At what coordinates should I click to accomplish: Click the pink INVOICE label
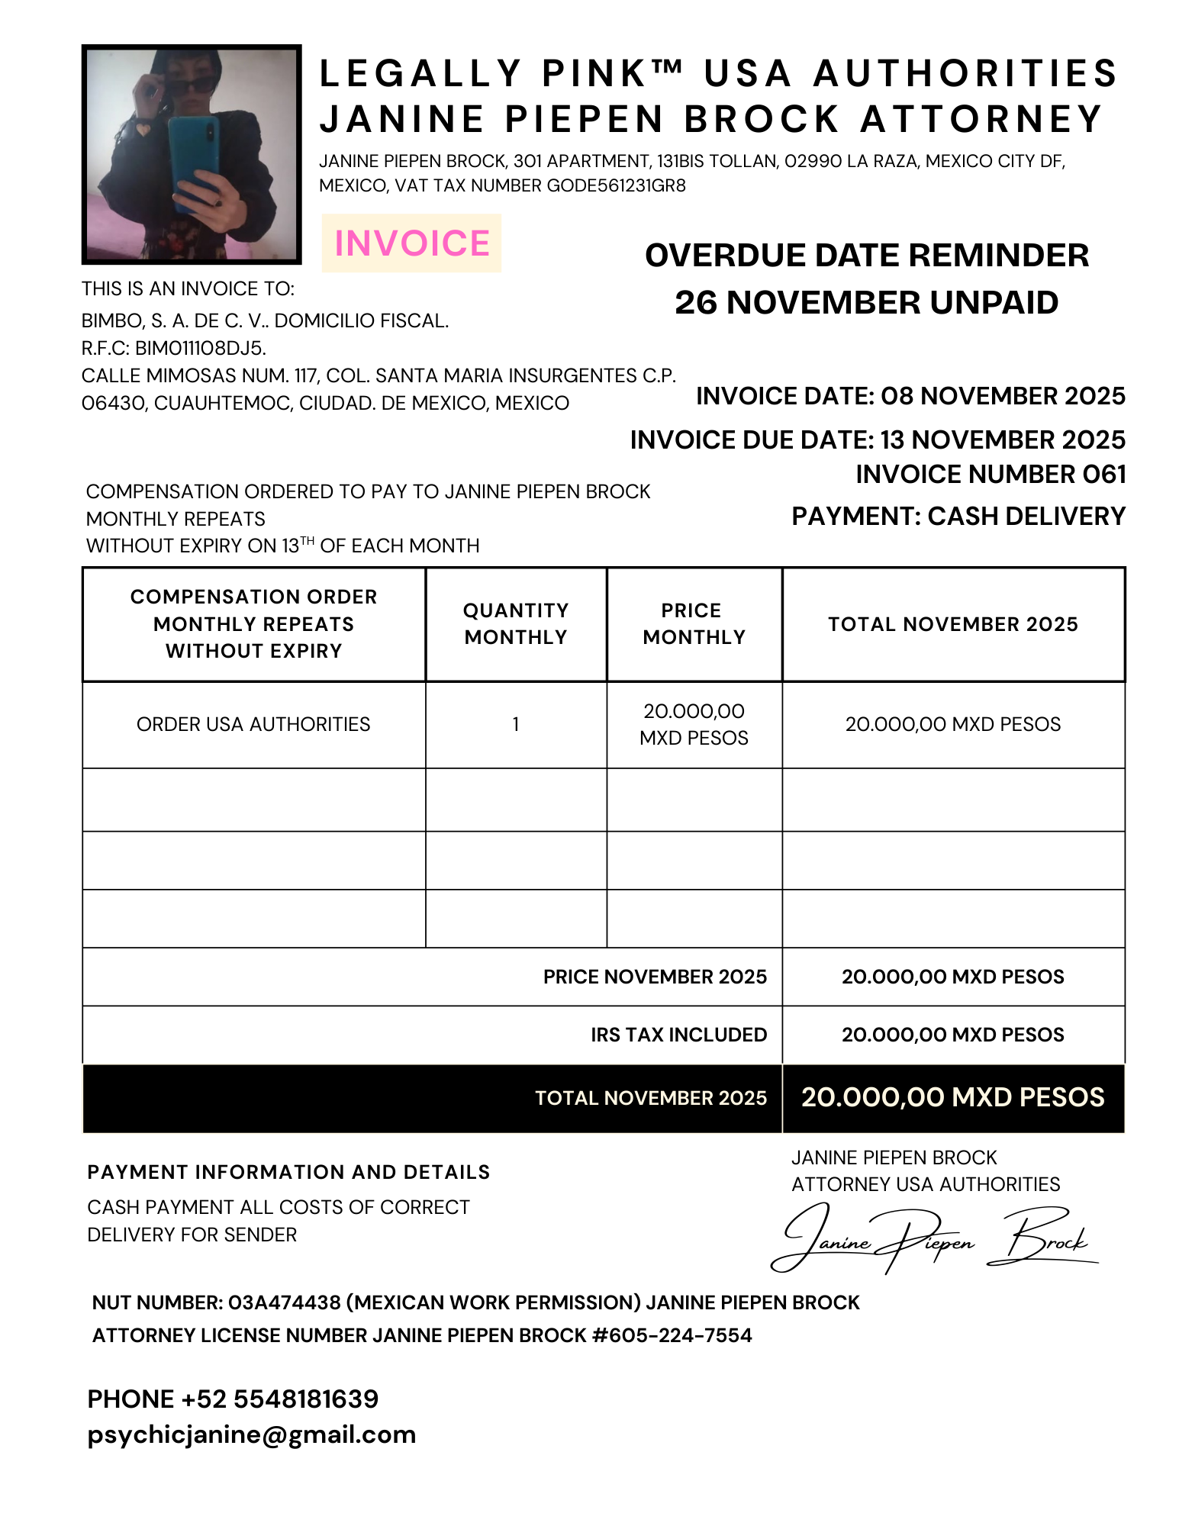411,243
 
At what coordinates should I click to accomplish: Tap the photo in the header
192,154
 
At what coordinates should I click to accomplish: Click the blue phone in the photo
195,163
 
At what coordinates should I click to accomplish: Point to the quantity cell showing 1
516,724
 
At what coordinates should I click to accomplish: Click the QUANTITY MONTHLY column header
516,624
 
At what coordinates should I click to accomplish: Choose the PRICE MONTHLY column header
694,624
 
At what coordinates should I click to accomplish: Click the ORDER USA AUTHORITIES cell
253,724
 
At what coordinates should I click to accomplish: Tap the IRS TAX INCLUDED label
678,1035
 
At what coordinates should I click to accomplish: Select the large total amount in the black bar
952,1097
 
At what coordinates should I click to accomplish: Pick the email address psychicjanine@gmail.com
252,1434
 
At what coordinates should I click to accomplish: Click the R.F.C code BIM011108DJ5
200,349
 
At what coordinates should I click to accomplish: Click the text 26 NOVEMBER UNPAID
866,303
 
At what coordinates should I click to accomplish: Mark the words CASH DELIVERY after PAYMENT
1026,517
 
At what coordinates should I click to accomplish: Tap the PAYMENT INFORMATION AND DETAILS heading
288,1172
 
